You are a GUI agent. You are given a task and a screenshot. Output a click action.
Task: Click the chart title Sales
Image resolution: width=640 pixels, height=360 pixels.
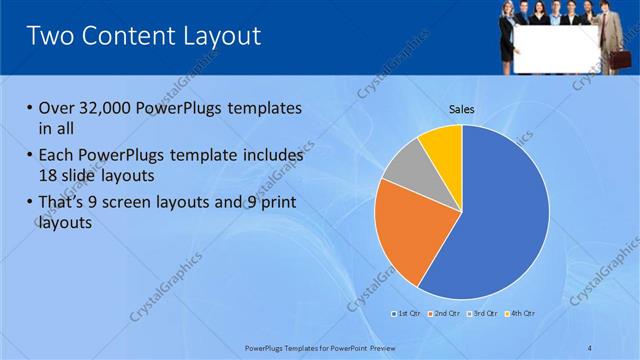pyautogui.click(x=461, y=109)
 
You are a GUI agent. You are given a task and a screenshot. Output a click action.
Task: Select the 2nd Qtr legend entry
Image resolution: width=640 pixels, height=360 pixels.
pyautogui.click(x=444, y=314)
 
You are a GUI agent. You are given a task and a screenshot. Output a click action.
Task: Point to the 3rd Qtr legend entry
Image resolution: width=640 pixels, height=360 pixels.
pyautogui.click(x=482, y=314)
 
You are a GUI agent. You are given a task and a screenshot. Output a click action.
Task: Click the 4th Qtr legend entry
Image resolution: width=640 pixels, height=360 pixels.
pyautogui.click(x=520, y=314)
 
